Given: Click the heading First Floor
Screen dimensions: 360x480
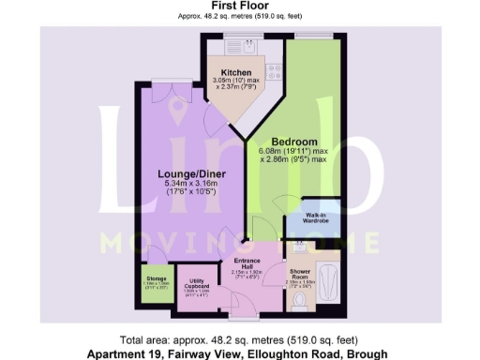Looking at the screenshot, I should pos(240,6).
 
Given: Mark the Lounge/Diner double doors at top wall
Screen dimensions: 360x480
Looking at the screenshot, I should pos(172,82).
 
